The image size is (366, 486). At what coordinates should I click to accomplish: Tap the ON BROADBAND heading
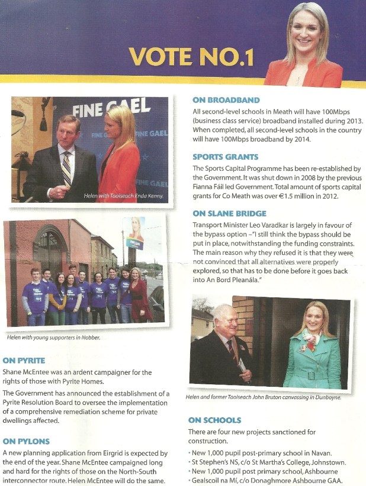click(x=226, y=100)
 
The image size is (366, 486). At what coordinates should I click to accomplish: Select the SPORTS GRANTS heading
click(x=226, y=157)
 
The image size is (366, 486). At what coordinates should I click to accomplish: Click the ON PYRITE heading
click(x=24, y=360)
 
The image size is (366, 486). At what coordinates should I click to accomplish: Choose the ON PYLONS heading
click(x=25, y=441)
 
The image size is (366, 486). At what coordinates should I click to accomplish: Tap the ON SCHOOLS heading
click(x=214, y=420)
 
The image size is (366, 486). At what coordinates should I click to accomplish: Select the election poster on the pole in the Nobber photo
click(x=135, y=230)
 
